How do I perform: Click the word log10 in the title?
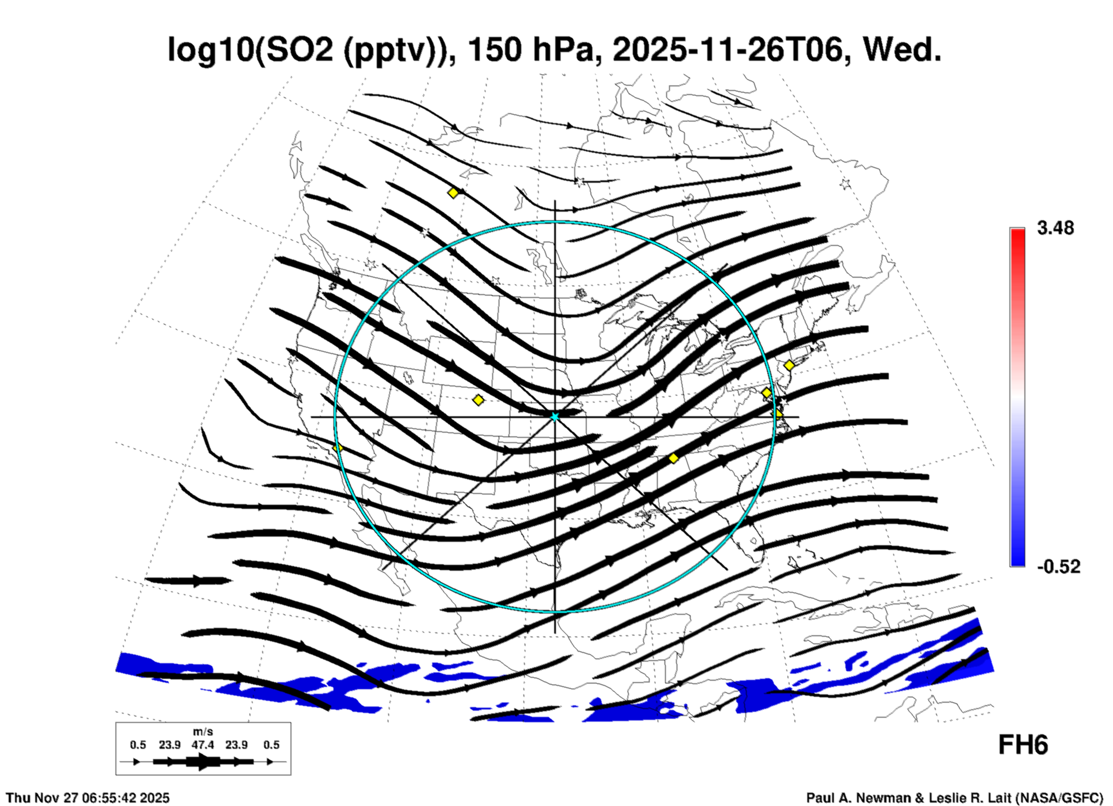[209, 50]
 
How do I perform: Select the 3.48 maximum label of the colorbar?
[1055, 228]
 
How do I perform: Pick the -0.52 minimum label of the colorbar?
[1058, 567]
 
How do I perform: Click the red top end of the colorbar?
[1017, 234]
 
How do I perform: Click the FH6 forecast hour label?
[1023, 745]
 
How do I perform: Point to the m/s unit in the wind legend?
[203, 732]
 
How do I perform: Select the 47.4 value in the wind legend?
[203, 745]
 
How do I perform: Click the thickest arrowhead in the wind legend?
[203, 762]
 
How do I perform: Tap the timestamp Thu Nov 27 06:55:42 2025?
[88, 798]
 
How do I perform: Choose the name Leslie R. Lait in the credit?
[971, 798]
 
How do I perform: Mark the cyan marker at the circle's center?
[555, 416]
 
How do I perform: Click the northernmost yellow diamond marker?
[453, 193]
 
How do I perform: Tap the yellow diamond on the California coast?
[337, 448]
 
